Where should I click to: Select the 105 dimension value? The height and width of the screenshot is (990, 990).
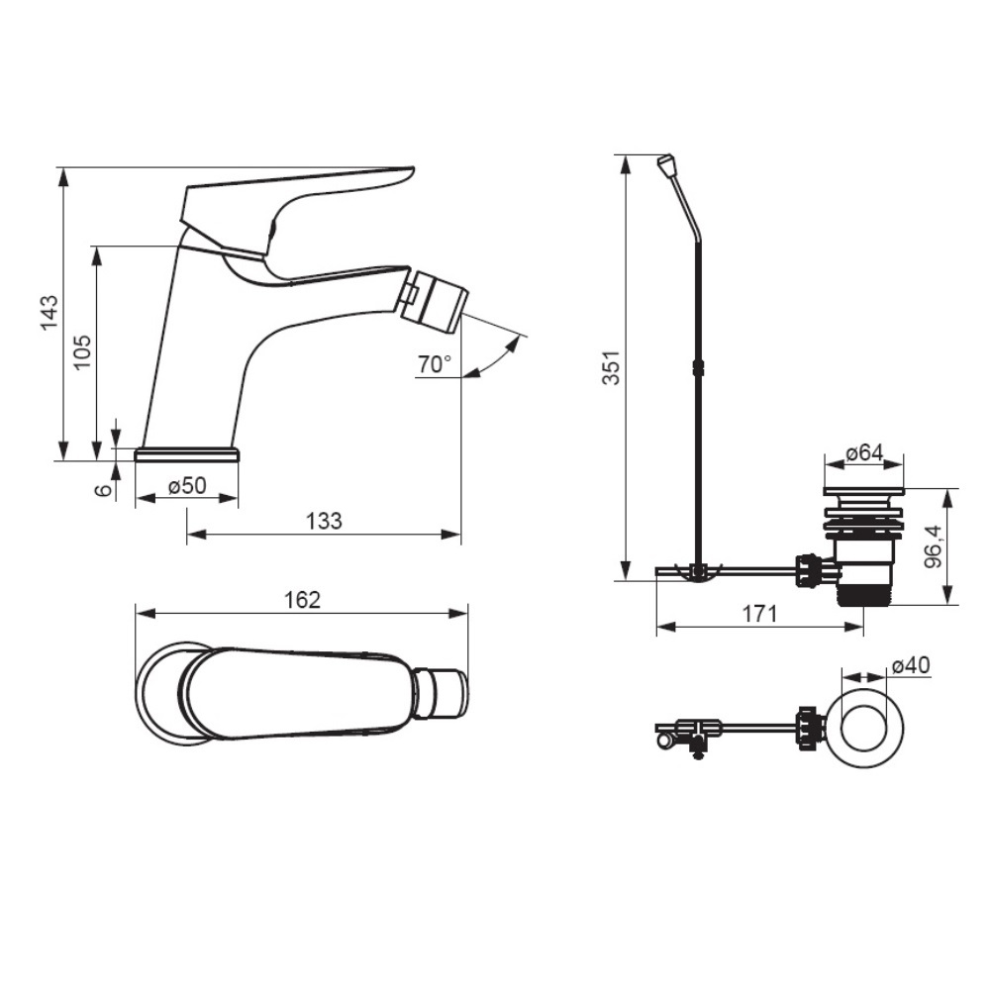tap(82, 352)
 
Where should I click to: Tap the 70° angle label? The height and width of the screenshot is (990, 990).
tap(435, 363)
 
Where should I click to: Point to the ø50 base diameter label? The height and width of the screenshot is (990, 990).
tap(187, 485)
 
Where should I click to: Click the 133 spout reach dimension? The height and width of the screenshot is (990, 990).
tap(324, 521)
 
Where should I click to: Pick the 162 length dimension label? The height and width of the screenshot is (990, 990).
tap(302, 599)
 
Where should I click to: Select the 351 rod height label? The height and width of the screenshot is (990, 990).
tap(611, 367)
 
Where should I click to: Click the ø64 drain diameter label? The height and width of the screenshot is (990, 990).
tap(864, 452)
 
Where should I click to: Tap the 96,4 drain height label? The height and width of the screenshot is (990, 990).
tap(934, 546)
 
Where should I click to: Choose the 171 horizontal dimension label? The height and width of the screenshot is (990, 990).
tap(759, 613)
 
